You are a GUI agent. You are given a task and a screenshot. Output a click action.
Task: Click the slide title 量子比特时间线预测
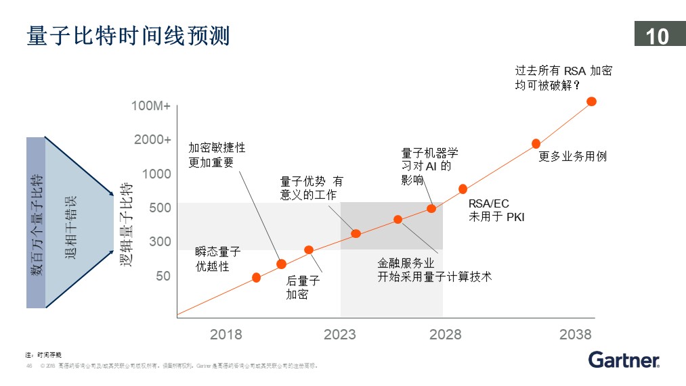pos(128,35)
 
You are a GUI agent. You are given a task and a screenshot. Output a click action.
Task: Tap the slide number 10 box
pos(658,35)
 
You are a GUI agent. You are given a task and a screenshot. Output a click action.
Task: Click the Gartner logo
pos(624,360)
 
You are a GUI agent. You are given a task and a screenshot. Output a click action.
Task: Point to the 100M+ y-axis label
pos(151,106)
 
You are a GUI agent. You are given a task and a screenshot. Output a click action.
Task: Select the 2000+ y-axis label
pos(152,140)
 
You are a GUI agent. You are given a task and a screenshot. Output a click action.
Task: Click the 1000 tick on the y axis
pos(156,174)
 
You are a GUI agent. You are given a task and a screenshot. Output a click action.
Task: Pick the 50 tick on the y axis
pos(163,276)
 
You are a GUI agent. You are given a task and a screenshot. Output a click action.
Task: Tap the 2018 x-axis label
pos(226,335)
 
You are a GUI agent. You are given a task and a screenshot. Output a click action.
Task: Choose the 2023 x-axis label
pos(340,335)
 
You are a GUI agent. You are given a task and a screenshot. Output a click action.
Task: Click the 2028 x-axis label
pos(445,335)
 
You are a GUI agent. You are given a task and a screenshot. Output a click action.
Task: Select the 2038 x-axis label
pos(576,335)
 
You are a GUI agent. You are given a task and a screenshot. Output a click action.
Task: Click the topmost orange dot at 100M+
pos(591,101)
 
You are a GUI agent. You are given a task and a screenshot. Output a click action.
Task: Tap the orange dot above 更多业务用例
pos(536,143)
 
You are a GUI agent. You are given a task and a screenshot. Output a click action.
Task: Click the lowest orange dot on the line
pos(256,277)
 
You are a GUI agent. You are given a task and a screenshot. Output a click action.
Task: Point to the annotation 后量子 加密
pos(302,287)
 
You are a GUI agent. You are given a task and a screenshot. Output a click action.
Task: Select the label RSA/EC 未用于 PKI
pos(496,210)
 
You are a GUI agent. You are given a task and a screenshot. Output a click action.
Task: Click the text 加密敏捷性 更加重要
pos(217,155)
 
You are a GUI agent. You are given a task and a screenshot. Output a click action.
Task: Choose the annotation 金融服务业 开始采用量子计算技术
pos(434,270)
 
